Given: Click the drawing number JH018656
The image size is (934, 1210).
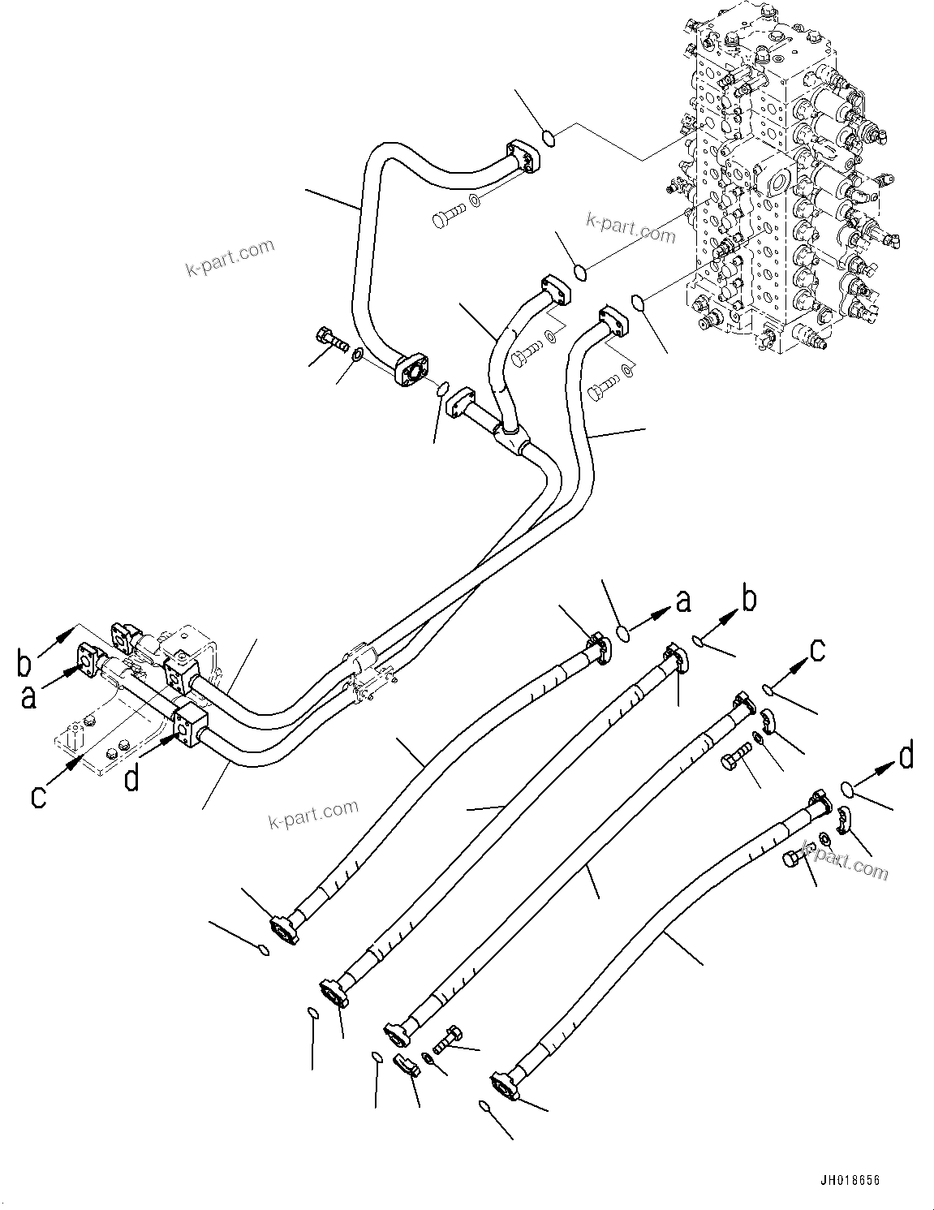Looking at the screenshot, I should click(849, 1180).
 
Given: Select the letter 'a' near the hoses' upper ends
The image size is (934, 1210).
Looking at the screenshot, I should click(683, 601).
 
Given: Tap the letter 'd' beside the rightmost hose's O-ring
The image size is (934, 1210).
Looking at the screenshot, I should click(906, 756).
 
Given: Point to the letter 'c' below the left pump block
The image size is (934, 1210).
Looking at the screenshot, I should click(37, 796).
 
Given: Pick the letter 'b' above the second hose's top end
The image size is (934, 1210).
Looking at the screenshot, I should click(748, 601).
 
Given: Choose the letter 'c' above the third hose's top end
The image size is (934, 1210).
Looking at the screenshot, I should click(818, 648).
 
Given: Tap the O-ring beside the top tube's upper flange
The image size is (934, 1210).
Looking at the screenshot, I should click(549, 139).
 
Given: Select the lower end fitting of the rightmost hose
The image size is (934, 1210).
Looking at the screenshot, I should click(506, 1085).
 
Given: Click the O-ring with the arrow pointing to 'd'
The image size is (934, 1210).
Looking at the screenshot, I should click(846, 787).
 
